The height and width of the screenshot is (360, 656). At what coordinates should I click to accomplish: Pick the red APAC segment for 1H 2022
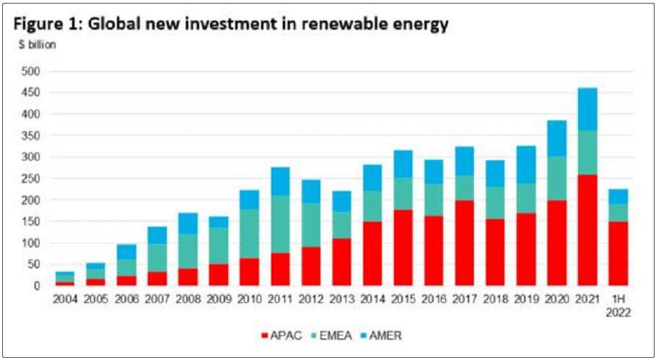coord(618,253)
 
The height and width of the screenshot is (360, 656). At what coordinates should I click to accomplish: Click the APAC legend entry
coord(279,335)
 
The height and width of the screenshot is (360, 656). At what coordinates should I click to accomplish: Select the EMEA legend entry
coord(332,335)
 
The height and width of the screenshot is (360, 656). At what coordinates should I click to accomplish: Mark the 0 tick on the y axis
coord(35,286)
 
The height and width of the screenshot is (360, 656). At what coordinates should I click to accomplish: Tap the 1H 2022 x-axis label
coord(618,304)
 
